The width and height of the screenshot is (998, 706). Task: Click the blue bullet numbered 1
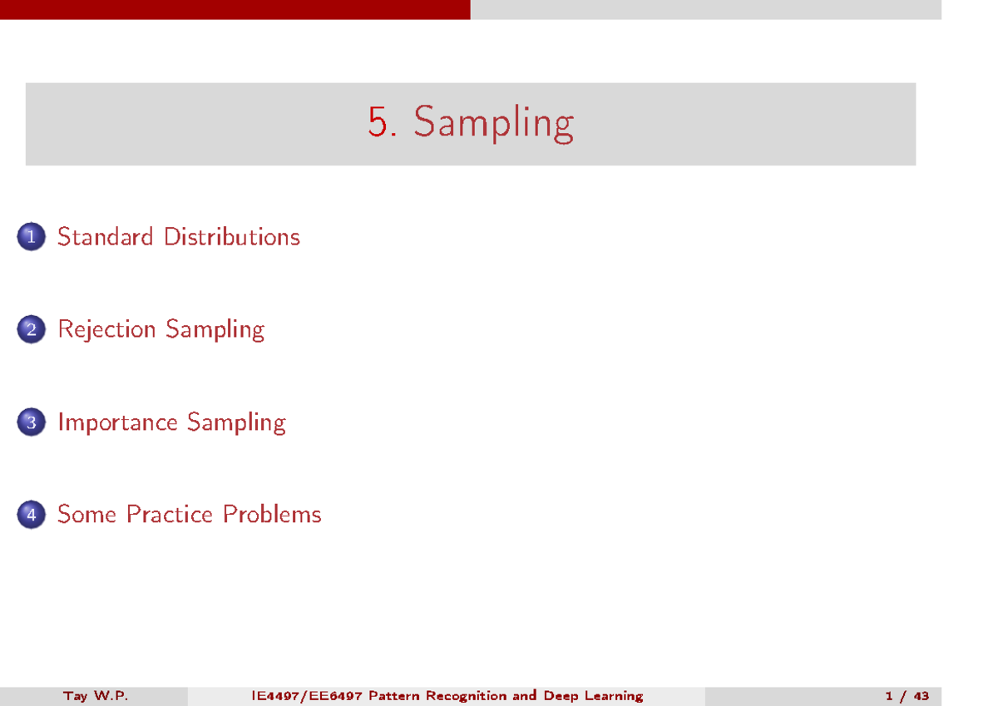[32, 236]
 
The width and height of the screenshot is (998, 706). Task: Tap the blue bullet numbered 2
[32, 329]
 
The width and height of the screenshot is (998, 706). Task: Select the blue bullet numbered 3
[32, 422]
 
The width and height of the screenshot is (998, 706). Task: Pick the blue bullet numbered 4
[32, 515]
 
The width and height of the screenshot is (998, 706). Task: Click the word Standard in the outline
[106, 236]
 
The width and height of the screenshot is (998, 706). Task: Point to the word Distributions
[232, 236]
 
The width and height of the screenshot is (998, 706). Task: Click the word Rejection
[107, 330]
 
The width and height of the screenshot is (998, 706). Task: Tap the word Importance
[117, 422]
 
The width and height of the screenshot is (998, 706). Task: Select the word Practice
[170, 515]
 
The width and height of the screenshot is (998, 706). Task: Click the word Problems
[272, 515]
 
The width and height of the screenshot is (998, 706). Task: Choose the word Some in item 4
[86, 515]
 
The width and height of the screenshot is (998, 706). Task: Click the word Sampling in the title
[494, 123]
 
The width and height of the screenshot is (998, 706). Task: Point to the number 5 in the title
[378, 121]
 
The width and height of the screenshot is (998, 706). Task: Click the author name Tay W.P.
[96, 696]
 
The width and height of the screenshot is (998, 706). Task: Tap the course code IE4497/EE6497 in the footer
[307, 696]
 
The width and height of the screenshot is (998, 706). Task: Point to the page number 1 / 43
[907, 696]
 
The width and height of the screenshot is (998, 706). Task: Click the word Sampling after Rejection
[215, 330]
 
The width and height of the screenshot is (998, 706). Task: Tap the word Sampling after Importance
[236, 422]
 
